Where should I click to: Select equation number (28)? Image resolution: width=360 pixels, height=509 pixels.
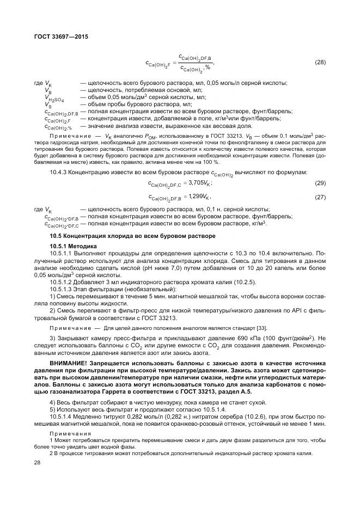point(320,62)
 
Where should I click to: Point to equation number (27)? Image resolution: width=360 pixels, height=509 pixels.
point(320,197)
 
